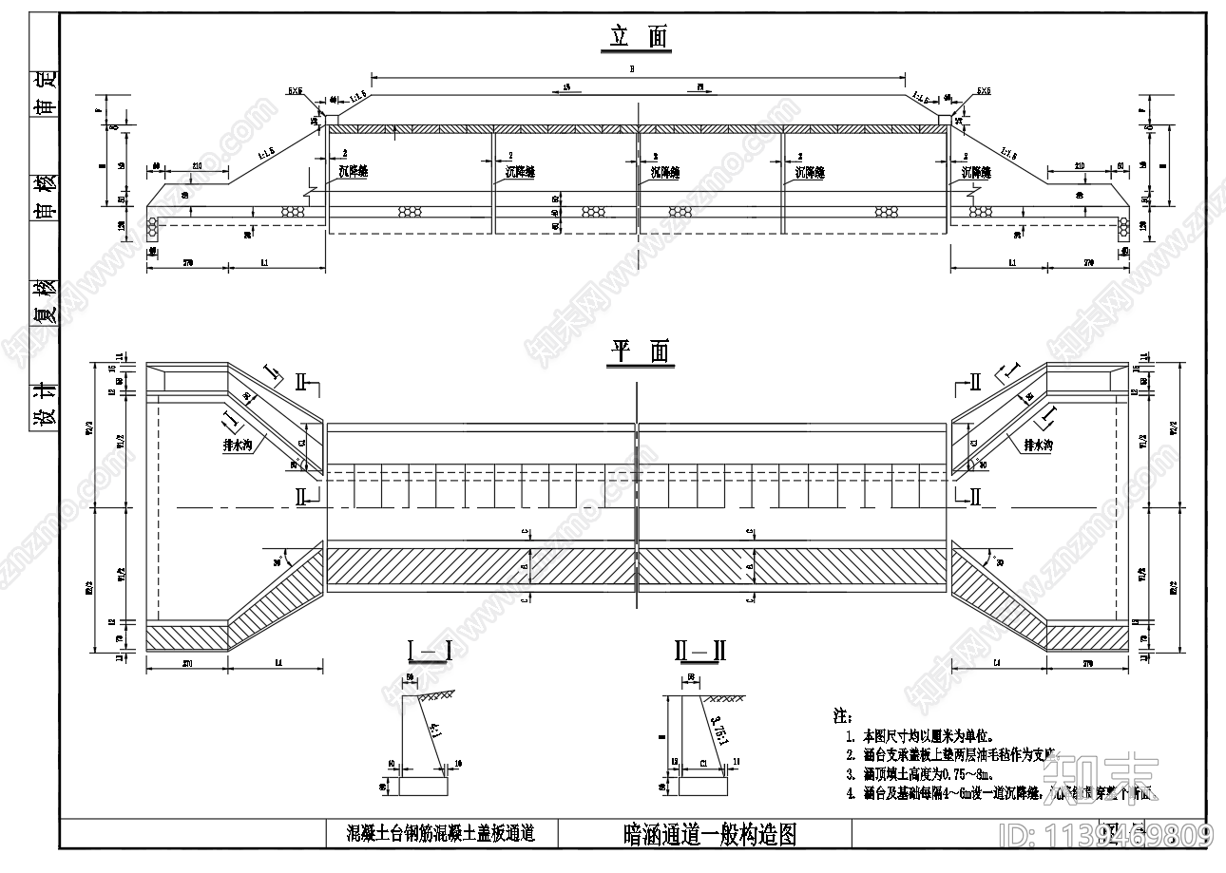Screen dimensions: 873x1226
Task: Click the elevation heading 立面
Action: (x=640, y=37)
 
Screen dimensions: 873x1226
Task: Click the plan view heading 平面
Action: (x=640, y=352)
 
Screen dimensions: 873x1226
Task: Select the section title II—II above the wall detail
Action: (x=700, y=651)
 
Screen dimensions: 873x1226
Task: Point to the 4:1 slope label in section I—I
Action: (x=435, y=731)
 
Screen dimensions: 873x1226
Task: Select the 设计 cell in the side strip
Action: (x=45, y=404)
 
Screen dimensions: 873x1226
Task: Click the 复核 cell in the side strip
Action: (x=45, y=303)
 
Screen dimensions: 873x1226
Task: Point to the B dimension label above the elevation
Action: (x=632, y=69)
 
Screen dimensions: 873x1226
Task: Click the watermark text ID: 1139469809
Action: (x=1108, y=835)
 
